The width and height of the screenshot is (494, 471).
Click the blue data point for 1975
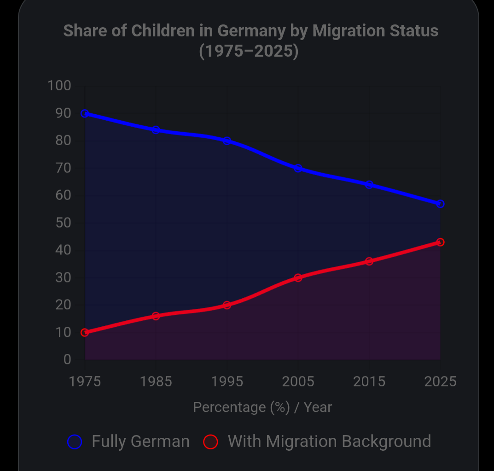(85, 114)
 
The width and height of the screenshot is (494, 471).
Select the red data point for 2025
(440, 242)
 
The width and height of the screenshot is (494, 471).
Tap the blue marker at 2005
(298, 169)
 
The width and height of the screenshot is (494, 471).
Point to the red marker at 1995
(227, 305)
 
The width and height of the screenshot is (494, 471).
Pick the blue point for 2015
(369, 185)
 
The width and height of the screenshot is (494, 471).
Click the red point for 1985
(156, 316)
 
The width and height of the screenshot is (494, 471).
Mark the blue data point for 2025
(440, 204)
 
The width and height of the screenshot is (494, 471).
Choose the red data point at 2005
(298, 278)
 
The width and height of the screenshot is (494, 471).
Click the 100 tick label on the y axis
(59, 86)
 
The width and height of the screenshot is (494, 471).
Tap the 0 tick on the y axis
(67, 359)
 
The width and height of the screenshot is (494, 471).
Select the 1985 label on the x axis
(156, 382)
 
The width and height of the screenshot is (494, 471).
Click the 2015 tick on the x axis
(369, 382)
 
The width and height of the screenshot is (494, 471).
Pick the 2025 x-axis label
(440, 382)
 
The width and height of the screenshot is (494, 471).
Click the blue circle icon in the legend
(75, 442)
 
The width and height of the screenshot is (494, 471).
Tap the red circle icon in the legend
(210, 442)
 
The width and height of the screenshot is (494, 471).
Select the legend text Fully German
(140, 442)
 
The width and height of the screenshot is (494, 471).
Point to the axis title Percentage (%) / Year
(262, 407)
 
